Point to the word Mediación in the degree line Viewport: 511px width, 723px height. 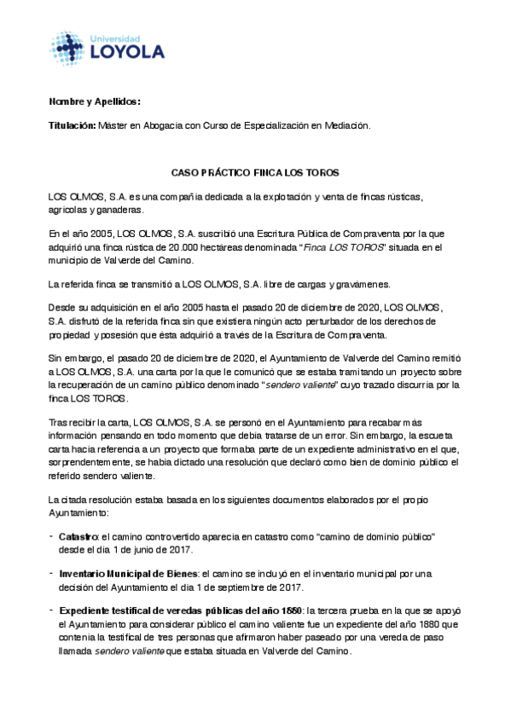(x=348, y=125)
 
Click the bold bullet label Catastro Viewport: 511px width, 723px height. (x=78, y=535)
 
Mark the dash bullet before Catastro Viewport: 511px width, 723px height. (x=52, y=535)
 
